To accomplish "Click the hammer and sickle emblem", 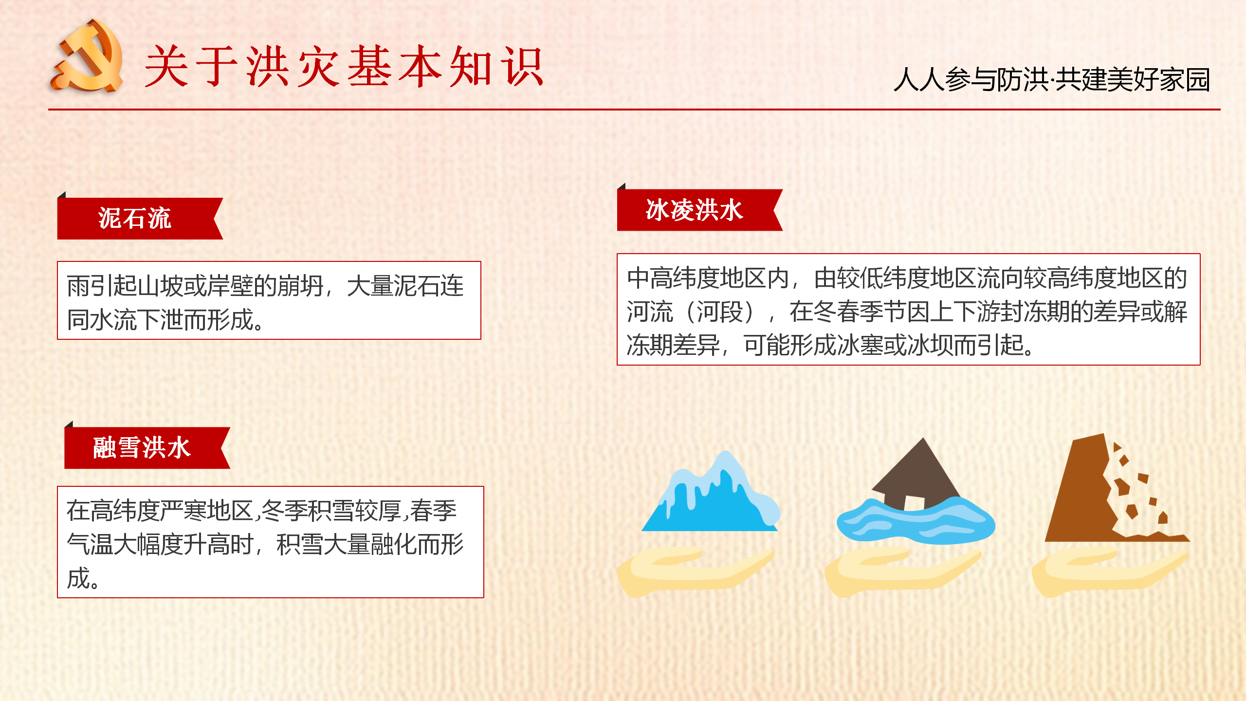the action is pos(87,56).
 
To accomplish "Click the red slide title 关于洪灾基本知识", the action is pos(344,67).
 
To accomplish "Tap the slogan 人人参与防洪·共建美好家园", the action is pos(1052,79).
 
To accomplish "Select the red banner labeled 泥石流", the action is pos(140,218).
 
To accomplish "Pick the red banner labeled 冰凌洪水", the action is pos(700,209).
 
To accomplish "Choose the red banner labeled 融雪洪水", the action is pos(147,447).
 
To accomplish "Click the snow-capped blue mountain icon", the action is pos(711,492).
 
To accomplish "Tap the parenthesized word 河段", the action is pos(720,312).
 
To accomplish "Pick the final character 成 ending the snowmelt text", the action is pos(78,578).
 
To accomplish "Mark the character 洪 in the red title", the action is pos(267,67).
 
